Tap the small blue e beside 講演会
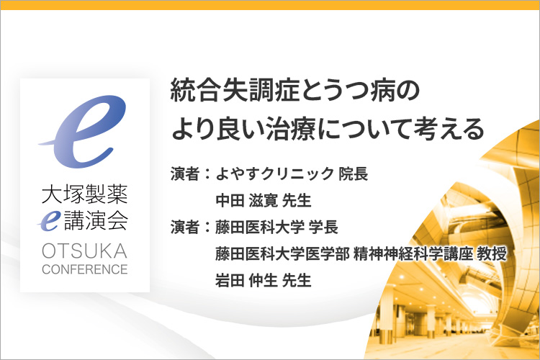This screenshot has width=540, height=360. tap(50, 221)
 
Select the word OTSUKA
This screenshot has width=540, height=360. tap(85, 251)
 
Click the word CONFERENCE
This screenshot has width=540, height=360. tap(85, 269)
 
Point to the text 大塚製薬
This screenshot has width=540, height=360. tap(85, 194)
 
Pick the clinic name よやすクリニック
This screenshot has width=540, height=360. tap(274, 174)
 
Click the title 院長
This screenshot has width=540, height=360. tap(354, 174)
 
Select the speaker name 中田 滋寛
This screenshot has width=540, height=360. tap(246, 200)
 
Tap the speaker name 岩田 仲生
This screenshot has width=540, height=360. tap(246, 280)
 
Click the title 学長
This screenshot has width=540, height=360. tap(323, 227)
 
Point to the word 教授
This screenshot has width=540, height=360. tap(492, 253)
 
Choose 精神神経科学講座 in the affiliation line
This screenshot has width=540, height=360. tap(413, 253)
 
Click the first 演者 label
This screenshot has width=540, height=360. tap(185, 174)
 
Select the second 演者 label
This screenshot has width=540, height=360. tap(185, 227)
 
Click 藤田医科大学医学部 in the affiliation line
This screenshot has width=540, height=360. tap(282, 253)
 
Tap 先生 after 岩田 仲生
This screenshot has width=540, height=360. tap(297, 280)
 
